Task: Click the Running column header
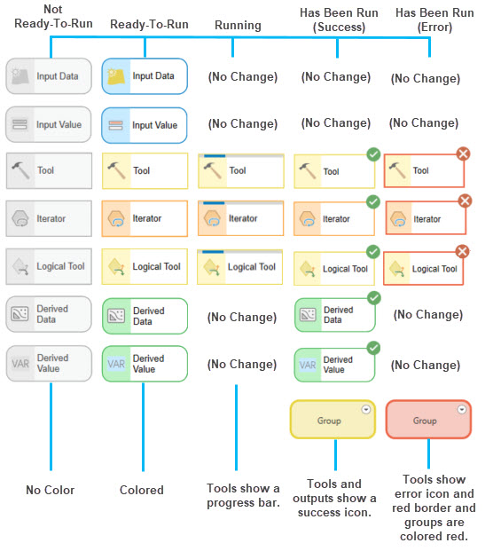pyautogui.click(x=238, y=26)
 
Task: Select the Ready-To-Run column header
pyautogui.click(x=149, y=24)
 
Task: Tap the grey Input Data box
pyautogui.click(x=49, y=76)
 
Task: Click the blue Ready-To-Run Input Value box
pyautogui.click(x=145, y=125)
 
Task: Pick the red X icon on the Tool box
pyautogui.click(x=463, y=153)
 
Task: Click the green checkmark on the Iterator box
pyautogui.click(x=373, y=202)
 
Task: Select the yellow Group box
pyautogui.click(x=333, y=419)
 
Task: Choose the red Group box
pyautogui.click(x=428, y=419)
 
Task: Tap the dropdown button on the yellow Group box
pyautogui.click(x=366, y=409)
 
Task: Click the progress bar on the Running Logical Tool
pyautogui.click(x=213, y=252)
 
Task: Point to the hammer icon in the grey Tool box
pyautogui.click(x=20, y=170)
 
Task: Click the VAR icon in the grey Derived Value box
pyautogui.click(x=20, y=364)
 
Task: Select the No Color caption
pyautogui.click(x=51, y=490)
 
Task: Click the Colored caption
pyautogui.click(x=142, y=490)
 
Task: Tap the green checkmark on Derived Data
pyautogui.click(x=374, y=298)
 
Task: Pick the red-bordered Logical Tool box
pyautogui.click(x=424, y=269)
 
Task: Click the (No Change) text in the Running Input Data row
pyautogui.click(x=243, y=76)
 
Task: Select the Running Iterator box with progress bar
pyautogui.click(x=241, y=218)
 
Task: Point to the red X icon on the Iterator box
pyautogui.click(x=465, y=201)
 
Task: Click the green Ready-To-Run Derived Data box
pyautogui.click(x=145, y=316)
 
